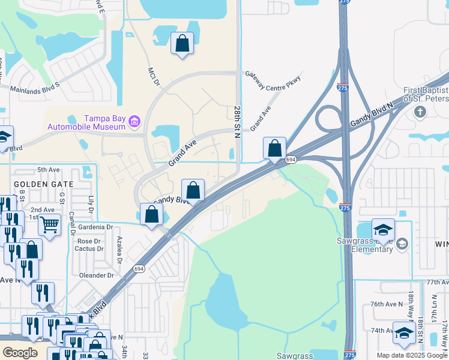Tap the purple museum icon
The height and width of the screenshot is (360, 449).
click(x=134, y=122)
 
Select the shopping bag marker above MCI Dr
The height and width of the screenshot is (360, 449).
click(x=182, y=44)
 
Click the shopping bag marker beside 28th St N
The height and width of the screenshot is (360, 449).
click(x=274, y=148)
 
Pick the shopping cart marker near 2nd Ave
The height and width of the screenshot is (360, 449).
click(x=50, y=225)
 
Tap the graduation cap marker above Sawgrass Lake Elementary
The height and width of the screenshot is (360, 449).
click(x=383, y=229)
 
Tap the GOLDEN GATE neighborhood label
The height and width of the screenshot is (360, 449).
click(x=43, y=184)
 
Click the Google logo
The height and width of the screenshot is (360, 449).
click(x=20, y=353)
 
